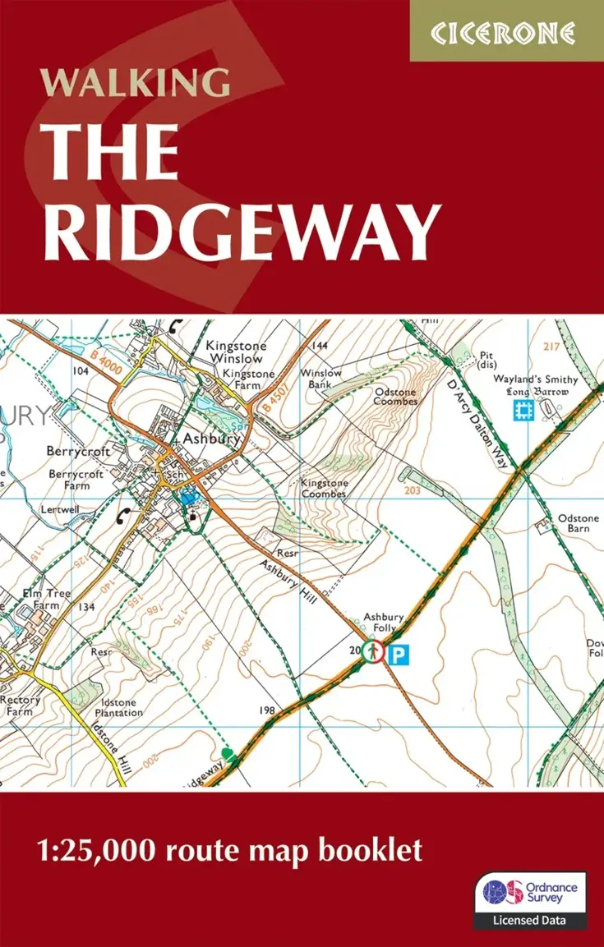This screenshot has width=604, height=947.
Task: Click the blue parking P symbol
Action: click(x=398, y=654)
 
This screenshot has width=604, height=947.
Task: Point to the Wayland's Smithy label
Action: click(x=535, y=380)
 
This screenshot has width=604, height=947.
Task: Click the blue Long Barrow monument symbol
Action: click(x=522, y=411)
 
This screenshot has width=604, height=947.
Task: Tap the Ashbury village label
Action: click(x=210, y=439)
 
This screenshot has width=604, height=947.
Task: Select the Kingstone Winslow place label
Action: click(x=234, y=352)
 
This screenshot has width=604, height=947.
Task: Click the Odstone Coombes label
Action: click(x=395, y=398)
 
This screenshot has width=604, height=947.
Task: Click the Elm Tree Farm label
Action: click(x=48, y=599)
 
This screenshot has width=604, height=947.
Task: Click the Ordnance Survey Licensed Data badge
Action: click(x=530, y=900)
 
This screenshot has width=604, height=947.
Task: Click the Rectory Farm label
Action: click(x=20, y=706)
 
